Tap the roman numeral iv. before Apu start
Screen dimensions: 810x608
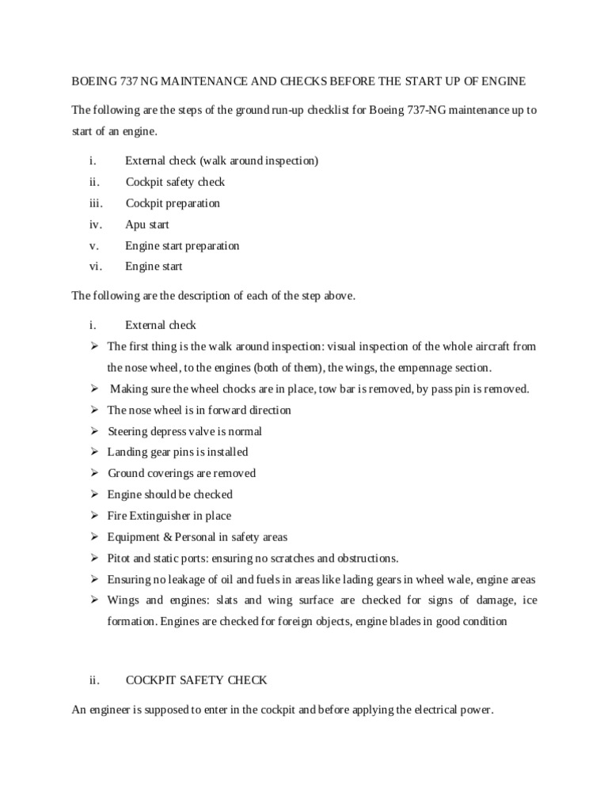pos(95,225)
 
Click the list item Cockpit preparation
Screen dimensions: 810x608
pos(173,203)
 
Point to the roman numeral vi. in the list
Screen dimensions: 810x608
pos(95,267)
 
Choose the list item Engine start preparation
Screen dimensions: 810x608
pos(182,246)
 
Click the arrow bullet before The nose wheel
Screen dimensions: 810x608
pos(93,410)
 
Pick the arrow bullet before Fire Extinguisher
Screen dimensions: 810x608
pos(93,516)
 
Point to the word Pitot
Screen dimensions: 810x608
pos(120,558)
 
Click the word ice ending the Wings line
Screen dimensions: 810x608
pos(530,600)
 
